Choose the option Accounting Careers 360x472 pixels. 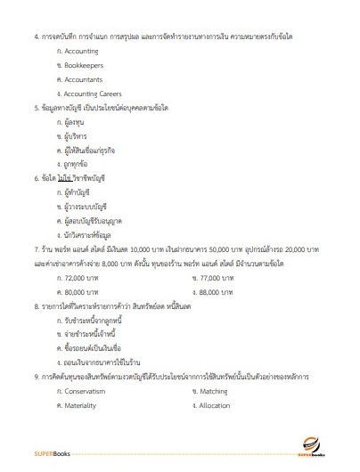click(x=92, y=93)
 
